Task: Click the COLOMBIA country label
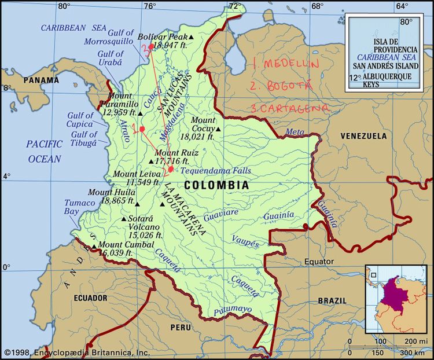[216, 185]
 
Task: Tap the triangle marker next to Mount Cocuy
[218, 128]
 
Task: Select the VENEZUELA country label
[363, 136]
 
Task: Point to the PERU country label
[180, 327]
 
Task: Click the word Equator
[319, 262]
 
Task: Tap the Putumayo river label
[233, 310]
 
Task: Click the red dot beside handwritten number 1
[142, 128]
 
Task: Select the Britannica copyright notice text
[77, 352]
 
